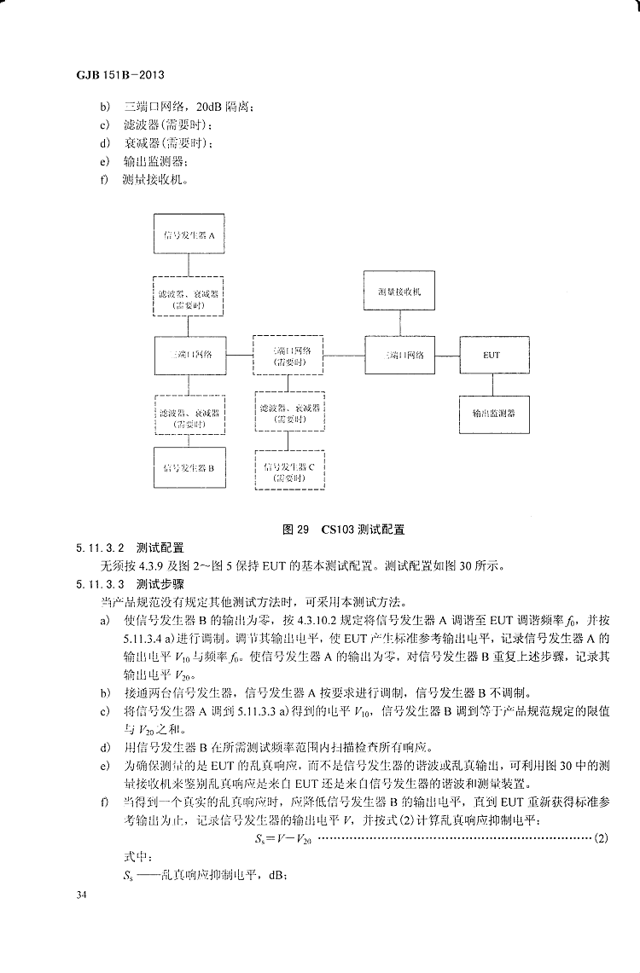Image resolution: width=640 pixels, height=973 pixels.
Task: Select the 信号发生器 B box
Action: point(189,468)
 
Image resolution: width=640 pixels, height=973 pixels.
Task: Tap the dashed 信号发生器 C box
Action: point(290,472)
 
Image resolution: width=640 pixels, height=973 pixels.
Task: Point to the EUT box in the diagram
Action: point(492,355)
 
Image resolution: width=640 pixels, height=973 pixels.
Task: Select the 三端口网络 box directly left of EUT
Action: point(401,355)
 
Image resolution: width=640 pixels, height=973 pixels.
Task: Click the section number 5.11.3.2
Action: point(102,546)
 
